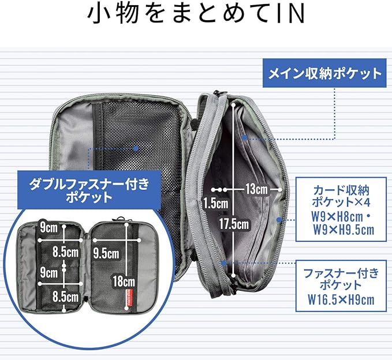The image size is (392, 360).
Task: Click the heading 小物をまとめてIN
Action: [x=196, y=14]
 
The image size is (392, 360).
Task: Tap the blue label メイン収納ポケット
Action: [x=324, y=73]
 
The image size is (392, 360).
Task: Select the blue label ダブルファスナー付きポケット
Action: [x=89, y=190]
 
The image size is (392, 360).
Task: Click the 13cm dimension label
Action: [x=256, y=189]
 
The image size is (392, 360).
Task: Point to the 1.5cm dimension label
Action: [x=215, y=203]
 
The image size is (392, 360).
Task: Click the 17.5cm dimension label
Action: [x=234, y=224]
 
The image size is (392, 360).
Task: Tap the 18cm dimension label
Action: [x=124, y=282]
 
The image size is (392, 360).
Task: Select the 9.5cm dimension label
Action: [x=106, y=253]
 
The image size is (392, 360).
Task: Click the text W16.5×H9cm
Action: [x=341, y=299]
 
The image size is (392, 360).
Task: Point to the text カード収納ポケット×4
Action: [x=341, y=196]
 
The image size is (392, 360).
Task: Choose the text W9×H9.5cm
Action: [x=344, y=230]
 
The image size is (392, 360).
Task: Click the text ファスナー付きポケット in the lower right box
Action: [x=341, y=279]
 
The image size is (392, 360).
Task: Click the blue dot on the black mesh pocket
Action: [x=136, y=149]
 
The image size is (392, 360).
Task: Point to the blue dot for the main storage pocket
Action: [x=245, y=137]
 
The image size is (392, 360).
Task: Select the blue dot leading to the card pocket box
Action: [x=279, y=220]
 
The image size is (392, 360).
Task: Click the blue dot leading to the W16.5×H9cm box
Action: [x=224, y=263]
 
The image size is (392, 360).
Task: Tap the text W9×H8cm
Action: [x=337, y=216]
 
